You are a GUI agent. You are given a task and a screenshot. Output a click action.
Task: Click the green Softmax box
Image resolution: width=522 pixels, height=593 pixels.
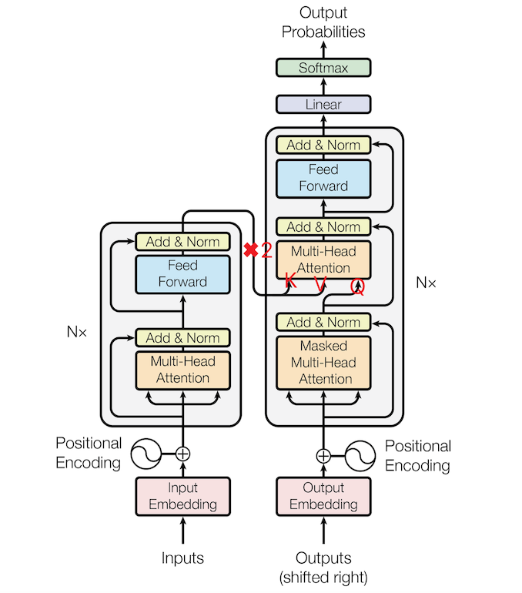pyautogui.click(x=323, y=68)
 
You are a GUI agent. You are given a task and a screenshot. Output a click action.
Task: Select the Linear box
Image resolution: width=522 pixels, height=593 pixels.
pyautogui.click(x=323, y=105)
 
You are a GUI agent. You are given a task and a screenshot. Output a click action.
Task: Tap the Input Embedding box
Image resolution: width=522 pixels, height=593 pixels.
pyautogui.click(x=183, y=496)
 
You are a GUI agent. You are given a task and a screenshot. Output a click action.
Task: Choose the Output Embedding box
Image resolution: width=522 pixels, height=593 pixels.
pyautogui.click(x=323, y=496)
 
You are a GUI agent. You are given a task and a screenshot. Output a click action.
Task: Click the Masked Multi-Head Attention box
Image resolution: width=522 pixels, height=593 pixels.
pyautogui.click(x=323, y=363)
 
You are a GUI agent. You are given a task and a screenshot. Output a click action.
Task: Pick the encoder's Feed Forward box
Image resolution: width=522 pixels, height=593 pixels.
pyautogui.click(x=183, y=275)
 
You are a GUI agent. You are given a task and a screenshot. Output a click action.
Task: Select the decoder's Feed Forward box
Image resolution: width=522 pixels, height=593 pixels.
pyautogui.click(x=323, y=179)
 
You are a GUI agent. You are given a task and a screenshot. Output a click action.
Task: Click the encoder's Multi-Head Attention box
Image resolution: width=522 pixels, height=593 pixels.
pyautogui.click(x=183, y=370)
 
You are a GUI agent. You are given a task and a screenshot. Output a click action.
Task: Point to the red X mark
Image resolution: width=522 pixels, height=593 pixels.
pyautogui.click(x=250, y=250)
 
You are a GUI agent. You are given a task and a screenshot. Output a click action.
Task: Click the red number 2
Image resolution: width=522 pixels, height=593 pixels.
pyautogui.click(x=266, y=250)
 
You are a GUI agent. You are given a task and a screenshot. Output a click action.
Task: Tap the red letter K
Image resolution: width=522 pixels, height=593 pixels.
pyautogui.click(x=290, y=280)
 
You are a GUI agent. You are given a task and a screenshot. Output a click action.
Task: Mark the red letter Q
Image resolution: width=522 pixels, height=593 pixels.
pyautogui.click(x=357, y=287)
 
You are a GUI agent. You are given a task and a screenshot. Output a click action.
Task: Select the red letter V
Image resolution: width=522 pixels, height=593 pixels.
pyautogui.click(x=320, y=284)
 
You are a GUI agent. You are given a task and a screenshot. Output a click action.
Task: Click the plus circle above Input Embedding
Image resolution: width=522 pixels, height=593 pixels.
pyautogui.click(x=183, y=454)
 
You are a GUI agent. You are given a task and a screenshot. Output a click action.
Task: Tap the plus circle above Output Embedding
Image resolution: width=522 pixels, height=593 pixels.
pyautogui.click(x=323, y=456)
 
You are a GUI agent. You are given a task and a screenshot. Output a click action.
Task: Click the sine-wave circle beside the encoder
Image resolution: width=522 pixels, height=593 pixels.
pyautogui.click(x=146, y=454)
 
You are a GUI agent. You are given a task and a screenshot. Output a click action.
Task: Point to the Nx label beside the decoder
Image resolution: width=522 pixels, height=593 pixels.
pyautogui.click(x=426, y=283)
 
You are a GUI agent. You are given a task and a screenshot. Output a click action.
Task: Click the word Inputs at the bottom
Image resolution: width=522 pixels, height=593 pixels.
pyautogui.click(x=182, y=558)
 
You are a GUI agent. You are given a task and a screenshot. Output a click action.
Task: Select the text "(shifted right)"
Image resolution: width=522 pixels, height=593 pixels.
pyautogui.click(x=323, y=578)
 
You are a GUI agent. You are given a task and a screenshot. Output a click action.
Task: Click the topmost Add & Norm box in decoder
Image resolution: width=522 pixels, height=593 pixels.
pyautogui.click(x=323, y=145)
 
